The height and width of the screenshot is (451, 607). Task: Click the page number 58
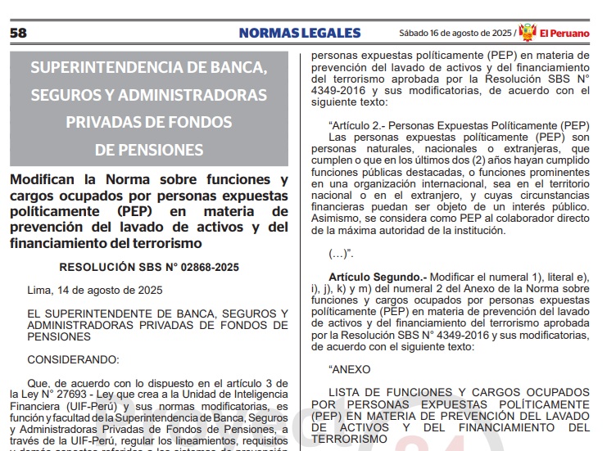18,33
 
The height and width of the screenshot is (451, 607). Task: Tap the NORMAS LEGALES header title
300,33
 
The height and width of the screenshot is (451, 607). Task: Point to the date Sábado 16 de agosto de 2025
455,34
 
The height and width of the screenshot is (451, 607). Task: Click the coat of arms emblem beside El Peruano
528,32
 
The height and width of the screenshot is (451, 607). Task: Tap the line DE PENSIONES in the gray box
148,151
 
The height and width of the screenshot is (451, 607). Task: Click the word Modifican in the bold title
45,180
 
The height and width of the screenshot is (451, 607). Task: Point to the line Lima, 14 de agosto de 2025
94,290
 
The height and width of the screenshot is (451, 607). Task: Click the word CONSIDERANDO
72,359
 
